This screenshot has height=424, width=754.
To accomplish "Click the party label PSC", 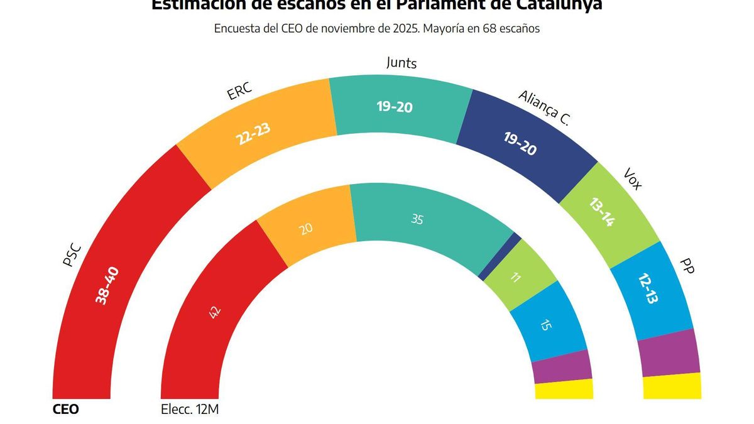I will point(73,255).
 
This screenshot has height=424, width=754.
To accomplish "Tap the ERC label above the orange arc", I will point(239,92).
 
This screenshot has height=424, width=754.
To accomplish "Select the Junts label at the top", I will point(401,63).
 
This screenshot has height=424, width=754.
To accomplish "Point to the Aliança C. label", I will point(544,108).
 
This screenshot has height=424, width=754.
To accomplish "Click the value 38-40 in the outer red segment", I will point(106,286).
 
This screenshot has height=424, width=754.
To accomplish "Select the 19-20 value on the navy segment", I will point(520,144).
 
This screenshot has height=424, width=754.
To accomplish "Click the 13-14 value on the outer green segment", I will point(601,212).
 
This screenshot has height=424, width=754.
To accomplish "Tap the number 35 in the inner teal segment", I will point(417,219).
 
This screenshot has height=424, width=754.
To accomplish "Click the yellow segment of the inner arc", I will point(564,389).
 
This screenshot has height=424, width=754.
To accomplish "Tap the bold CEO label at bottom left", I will point(65,410).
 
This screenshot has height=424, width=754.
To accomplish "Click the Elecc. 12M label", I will point(189,410).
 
